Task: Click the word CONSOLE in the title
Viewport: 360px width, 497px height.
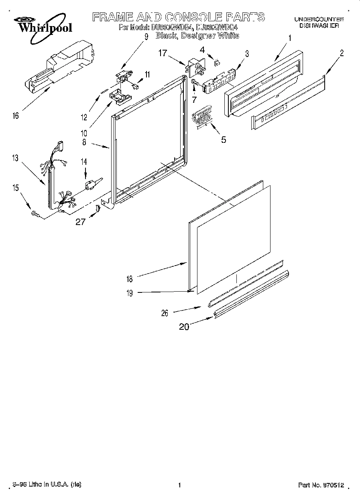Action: (188, 17)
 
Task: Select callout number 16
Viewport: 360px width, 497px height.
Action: (15, 116)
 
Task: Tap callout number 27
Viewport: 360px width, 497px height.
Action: (80, 221)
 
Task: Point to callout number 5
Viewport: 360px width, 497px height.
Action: (224, 140)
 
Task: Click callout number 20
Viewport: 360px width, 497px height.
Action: (184, 327)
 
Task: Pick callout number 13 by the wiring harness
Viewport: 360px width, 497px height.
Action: (15, 158)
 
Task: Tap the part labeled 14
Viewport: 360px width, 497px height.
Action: (90, 185)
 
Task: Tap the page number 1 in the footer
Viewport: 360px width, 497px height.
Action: (180, 485)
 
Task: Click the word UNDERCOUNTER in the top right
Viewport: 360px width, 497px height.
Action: (319, 19)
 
